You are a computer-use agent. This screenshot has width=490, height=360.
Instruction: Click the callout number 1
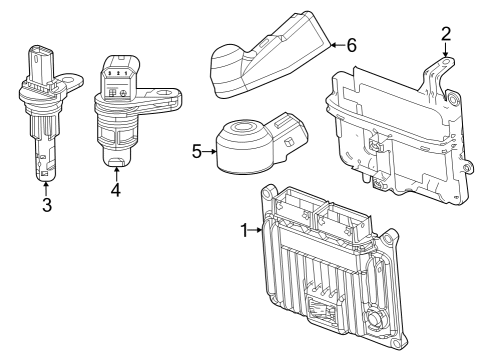click(x=245, y=230)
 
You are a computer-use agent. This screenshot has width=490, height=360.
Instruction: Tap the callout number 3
click(x=46, y=206)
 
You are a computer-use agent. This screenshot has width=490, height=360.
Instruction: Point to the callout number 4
click(x=115, y=189)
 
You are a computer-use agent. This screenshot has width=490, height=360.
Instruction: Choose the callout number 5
click(x=197, y=152)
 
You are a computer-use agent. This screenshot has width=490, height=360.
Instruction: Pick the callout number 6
click(x=351, y=45)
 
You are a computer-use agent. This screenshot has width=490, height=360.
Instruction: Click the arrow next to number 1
click(x=257, y=230)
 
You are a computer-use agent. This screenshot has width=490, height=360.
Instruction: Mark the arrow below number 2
click(x=445, y=53)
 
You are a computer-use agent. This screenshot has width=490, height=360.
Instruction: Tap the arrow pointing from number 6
click(x=334, y=45)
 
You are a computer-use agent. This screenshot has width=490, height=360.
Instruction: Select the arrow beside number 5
click(x=210, y=152)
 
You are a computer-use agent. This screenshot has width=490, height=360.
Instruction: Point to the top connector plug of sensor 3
click(x=38, y=60)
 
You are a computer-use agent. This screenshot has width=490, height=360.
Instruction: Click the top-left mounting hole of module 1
click(x=267, y=192)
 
